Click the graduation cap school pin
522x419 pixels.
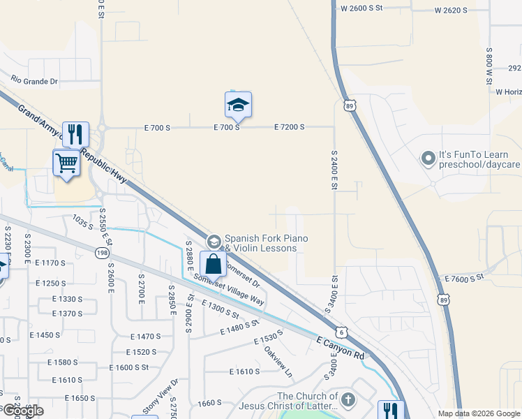coord(238,105)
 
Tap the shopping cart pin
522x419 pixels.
coord(66,163)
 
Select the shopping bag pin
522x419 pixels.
coord(214,265)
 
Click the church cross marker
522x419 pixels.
coord(348,400)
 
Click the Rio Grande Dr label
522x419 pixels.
coord(34,81)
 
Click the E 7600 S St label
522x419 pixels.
coord(464,278)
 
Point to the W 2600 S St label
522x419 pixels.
coord(362,8)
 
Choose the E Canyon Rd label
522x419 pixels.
coord(341,348)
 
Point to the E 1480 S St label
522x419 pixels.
coord(239,327)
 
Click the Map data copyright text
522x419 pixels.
coord(478,413)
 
